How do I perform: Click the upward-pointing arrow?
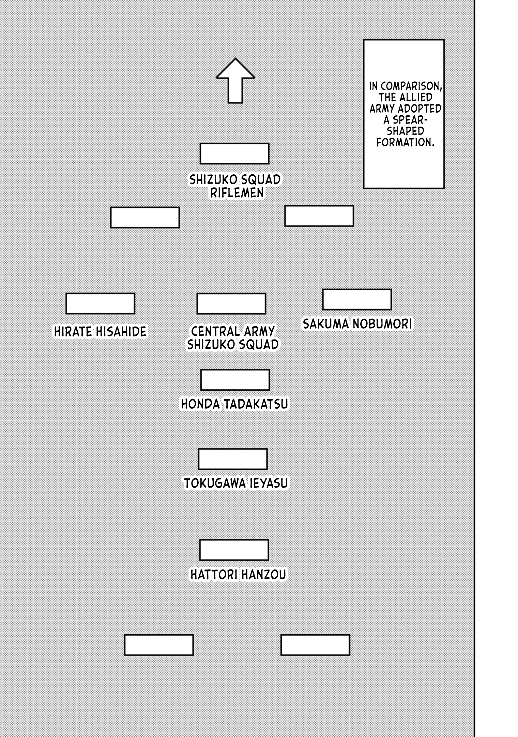pos(235,81)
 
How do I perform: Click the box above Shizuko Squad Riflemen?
pos(234,154)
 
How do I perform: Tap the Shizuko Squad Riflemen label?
pos(235,186)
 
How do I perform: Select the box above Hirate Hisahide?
pos(100,303)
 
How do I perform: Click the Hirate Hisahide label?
pos(100,332)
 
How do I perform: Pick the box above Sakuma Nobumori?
pos(357,300)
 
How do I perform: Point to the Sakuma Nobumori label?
pos(357,324)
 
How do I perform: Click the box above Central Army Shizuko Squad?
pos(231,303)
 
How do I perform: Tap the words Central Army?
pos(233,331)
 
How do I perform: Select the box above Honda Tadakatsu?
pos(235,379)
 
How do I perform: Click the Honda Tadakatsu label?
pos(234,404)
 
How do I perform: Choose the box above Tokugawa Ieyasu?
pos(233,459)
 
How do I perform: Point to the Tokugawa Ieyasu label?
pos(236,483)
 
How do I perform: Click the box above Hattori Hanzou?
pos(234,550)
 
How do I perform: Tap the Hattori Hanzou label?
pos(238,575)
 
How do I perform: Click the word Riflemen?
pos(237,193)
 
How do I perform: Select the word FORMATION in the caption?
pos(406,142)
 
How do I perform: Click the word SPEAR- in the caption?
pos(406,120)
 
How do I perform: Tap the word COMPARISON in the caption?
pos(409,86)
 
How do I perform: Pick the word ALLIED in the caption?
pos(416,98)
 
